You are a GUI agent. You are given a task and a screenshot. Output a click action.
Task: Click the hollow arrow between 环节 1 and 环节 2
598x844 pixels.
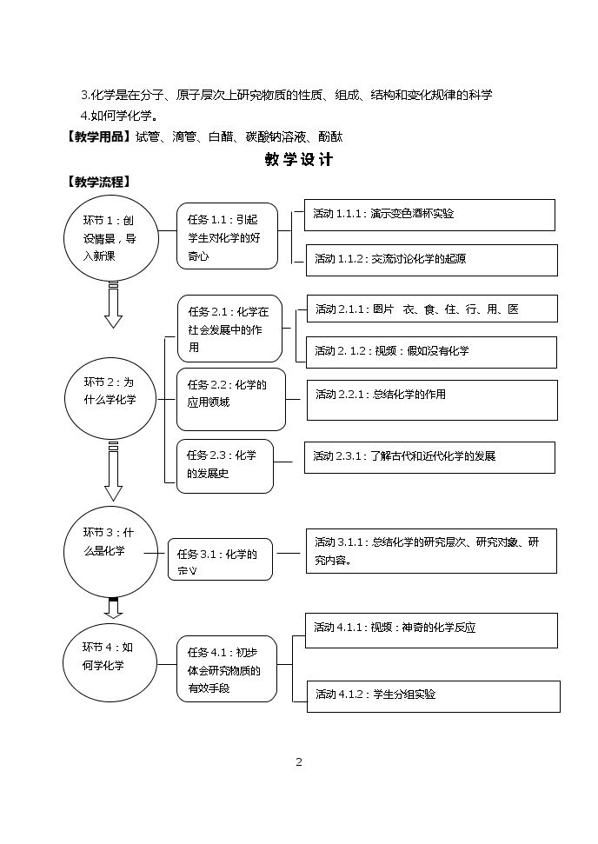(x=113, y=305)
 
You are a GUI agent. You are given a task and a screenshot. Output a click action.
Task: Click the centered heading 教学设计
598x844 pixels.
(x=299, y=159)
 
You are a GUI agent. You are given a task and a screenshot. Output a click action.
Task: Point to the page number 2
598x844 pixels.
(x=299, y=761)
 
